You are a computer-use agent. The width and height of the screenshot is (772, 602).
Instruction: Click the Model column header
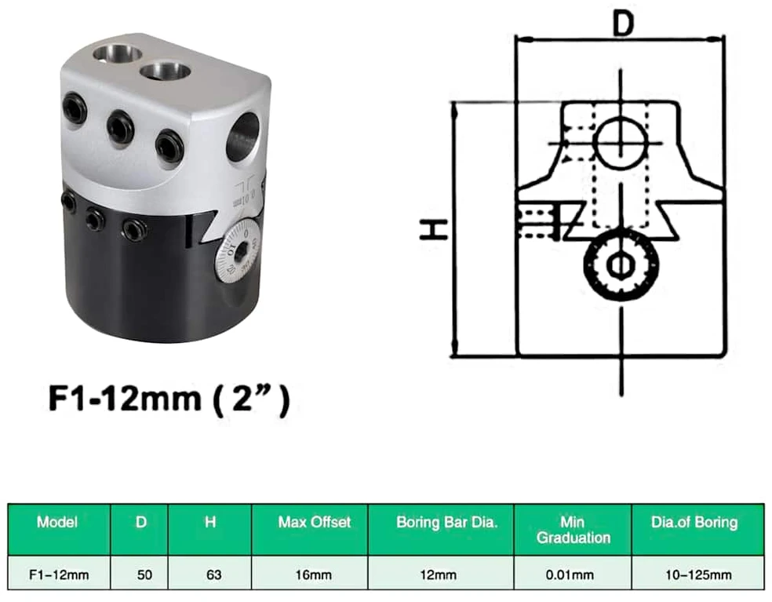(57, 522)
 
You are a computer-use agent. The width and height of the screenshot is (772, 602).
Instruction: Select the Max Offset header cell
(314, 522)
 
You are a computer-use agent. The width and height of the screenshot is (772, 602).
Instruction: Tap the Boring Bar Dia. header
(446, 522)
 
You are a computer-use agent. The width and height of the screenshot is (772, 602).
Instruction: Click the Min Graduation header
(573, 530)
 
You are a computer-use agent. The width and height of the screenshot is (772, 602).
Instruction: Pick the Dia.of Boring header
(694, 522)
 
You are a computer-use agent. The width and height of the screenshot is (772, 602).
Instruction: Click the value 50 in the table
(144, 575)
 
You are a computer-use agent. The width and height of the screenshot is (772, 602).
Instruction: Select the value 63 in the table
(213, 575)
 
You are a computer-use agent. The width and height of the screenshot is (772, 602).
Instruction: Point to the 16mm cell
(314, 575)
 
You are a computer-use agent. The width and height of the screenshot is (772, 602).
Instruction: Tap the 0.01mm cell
(570, 575)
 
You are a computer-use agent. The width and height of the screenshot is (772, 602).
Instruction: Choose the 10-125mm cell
(698, 575)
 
